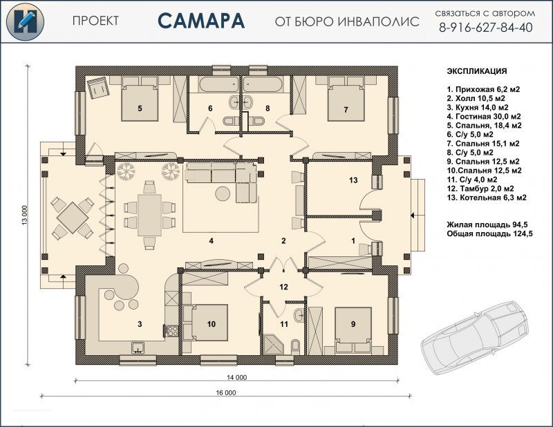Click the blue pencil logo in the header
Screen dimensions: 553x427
(25, 21)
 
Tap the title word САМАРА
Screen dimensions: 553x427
(201, 21)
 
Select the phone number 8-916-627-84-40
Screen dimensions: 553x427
(486, 28)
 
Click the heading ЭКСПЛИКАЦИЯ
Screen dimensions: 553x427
(477, 71)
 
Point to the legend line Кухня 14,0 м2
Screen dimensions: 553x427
(478, 107)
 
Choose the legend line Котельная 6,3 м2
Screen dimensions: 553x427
(487, 198)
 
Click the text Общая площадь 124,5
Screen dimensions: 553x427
(489, 234)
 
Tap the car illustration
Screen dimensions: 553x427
(475, 332)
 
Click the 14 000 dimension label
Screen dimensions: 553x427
(236, 377)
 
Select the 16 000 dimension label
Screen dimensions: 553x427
(226, 392)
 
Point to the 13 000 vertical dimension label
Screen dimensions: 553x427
(25, 215)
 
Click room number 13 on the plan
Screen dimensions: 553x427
(353, 180)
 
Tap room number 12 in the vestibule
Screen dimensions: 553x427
(283, 287)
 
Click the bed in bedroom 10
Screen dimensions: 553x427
(205, 323)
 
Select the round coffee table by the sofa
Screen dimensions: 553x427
(223, 193)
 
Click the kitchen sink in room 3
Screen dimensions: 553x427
(138, 348)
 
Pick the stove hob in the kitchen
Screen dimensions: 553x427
(172, 331)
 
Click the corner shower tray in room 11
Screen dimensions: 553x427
(272, 344)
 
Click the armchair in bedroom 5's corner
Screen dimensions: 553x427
(98, 87)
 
